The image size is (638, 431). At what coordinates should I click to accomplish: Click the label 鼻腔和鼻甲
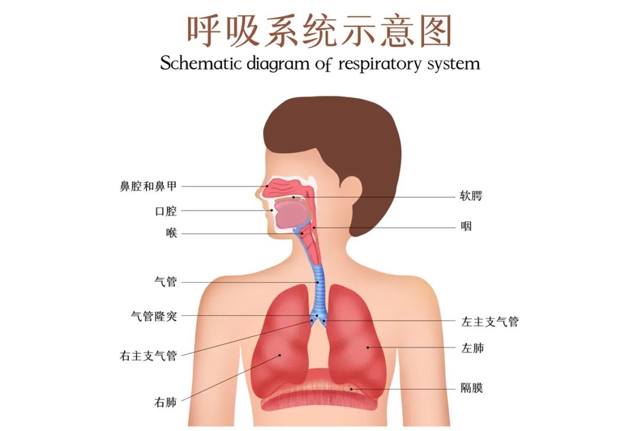tap(148, 186)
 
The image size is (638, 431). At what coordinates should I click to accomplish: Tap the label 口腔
tap(166, 211)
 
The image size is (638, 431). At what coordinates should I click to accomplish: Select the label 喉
tap(172, 233)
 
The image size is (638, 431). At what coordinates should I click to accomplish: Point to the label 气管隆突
tap(154, 315)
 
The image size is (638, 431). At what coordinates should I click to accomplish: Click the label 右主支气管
tap(148, 356)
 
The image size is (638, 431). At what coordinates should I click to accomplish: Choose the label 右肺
tap(165, 402)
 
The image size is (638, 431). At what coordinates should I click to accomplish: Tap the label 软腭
tap(471, 196)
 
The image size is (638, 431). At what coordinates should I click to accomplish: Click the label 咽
tap(466, 226)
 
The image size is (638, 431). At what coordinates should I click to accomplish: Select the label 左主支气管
tap(490, 322)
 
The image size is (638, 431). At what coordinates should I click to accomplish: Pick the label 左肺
tap(473, 348)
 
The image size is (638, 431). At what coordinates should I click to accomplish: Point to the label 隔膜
tap(472, 387)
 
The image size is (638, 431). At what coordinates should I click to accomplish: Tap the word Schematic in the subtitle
tap(201, 63)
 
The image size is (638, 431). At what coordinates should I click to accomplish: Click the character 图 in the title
tap(436, 31)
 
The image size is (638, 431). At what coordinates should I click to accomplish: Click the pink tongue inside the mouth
tap(291, 215)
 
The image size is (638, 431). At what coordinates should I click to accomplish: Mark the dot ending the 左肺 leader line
tap(368, 347)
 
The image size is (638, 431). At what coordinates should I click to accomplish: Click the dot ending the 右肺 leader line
tap(279, 355)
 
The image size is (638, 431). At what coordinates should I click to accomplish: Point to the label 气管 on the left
tap(165, 282)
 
